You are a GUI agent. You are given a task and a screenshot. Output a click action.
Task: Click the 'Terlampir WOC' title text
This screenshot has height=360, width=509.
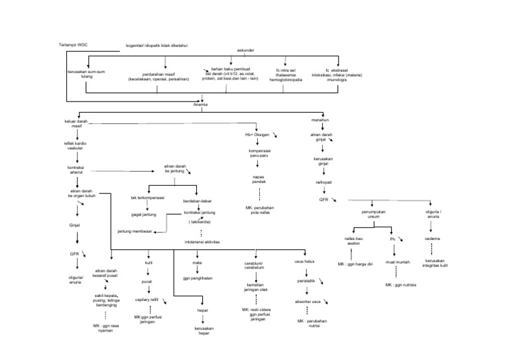click(74, 44)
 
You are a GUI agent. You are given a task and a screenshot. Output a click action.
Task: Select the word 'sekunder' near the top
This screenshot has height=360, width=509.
click(246, 50)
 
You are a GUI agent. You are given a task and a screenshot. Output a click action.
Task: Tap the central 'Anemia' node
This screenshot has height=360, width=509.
click(200, 104)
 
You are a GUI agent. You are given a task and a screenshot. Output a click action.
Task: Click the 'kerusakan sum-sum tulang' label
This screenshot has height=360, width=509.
click(86, 76)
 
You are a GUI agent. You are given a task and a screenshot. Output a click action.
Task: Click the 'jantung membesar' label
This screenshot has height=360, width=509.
click(135, 231)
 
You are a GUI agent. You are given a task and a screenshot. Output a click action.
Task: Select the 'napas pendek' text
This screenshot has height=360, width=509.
click(258, 180)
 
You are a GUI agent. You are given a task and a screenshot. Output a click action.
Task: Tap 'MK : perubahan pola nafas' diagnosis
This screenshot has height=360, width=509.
click(258, 211)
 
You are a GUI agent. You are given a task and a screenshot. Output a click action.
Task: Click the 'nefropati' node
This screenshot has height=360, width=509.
click(323, 181)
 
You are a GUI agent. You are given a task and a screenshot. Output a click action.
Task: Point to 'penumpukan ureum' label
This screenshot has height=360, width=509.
click(374, 215)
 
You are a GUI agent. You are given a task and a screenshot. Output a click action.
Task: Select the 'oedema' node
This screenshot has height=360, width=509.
click(432, 238)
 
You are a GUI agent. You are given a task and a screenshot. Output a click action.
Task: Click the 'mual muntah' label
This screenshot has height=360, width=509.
click(396, 263)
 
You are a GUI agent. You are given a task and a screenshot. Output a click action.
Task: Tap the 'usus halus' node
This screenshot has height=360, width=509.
click(304, 262)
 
